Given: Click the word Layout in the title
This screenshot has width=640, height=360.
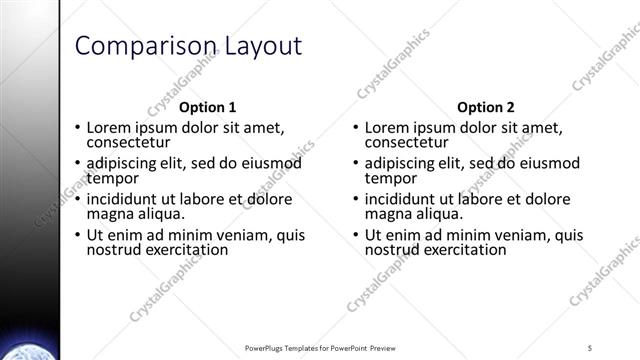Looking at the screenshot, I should point(259,46).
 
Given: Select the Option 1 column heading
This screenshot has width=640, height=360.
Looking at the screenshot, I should point(208,108).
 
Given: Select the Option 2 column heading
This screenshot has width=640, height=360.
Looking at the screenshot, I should point(485,108).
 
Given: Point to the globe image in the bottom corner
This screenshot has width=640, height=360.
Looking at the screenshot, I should point(27,350).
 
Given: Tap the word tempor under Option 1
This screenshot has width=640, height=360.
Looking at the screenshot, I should point(111,179).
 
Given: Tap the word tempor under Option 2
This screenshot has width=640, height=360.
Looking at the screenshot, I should point(389,179).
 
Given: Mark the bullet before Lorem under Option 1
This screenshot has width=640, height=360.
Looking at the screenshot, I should point(78,128).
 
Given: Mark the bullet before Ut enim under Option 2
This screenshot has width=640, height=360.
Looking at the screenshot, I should point(356,236).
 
